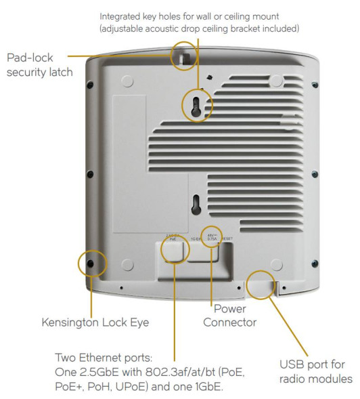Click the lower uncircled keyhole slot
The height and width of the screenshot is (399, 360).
[196, 204]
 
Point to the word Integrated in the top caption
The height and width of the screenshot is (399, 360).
[124, 15]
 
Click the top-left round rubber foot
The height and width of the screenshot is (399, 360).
[127, 79]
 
